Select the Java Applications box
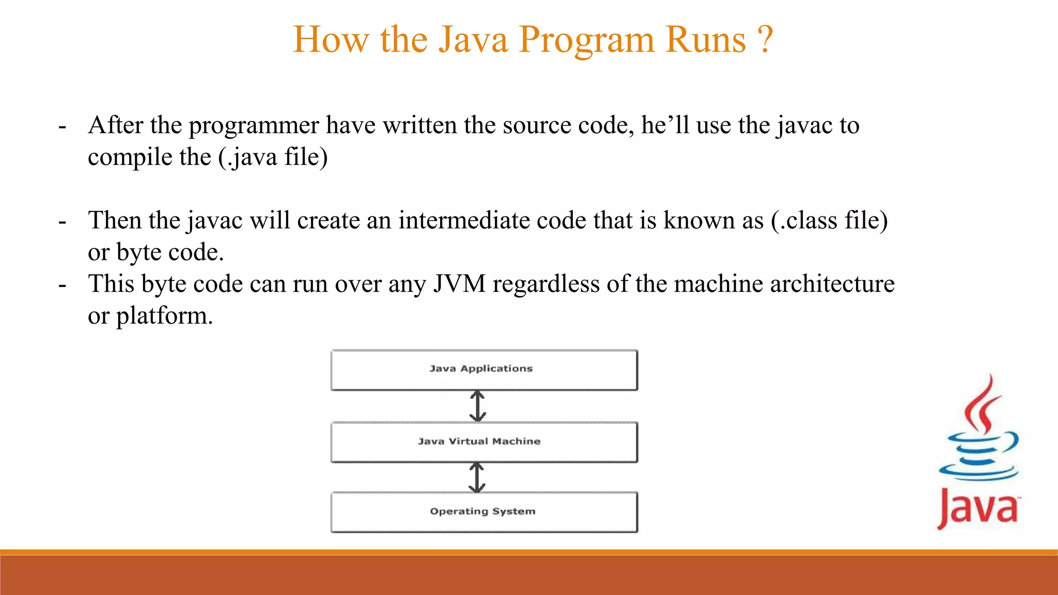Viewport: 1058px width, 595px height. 484,370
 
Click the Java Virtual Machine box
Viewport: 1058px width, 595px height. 484,442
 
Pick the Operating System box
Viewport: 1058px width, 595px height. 484,512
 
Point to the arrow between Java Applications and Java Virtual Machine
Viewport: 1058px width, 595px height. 477,406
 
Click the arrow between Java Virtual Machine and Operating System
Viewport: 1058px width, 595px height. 476,477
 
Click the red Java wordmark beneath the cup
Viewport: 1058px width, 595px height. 978,508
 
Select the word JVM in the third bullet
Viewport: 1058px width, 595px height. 459,284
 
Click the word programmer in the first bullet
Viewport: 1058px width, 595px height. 254,126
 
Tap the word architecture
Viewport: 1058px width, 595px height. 832,284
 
